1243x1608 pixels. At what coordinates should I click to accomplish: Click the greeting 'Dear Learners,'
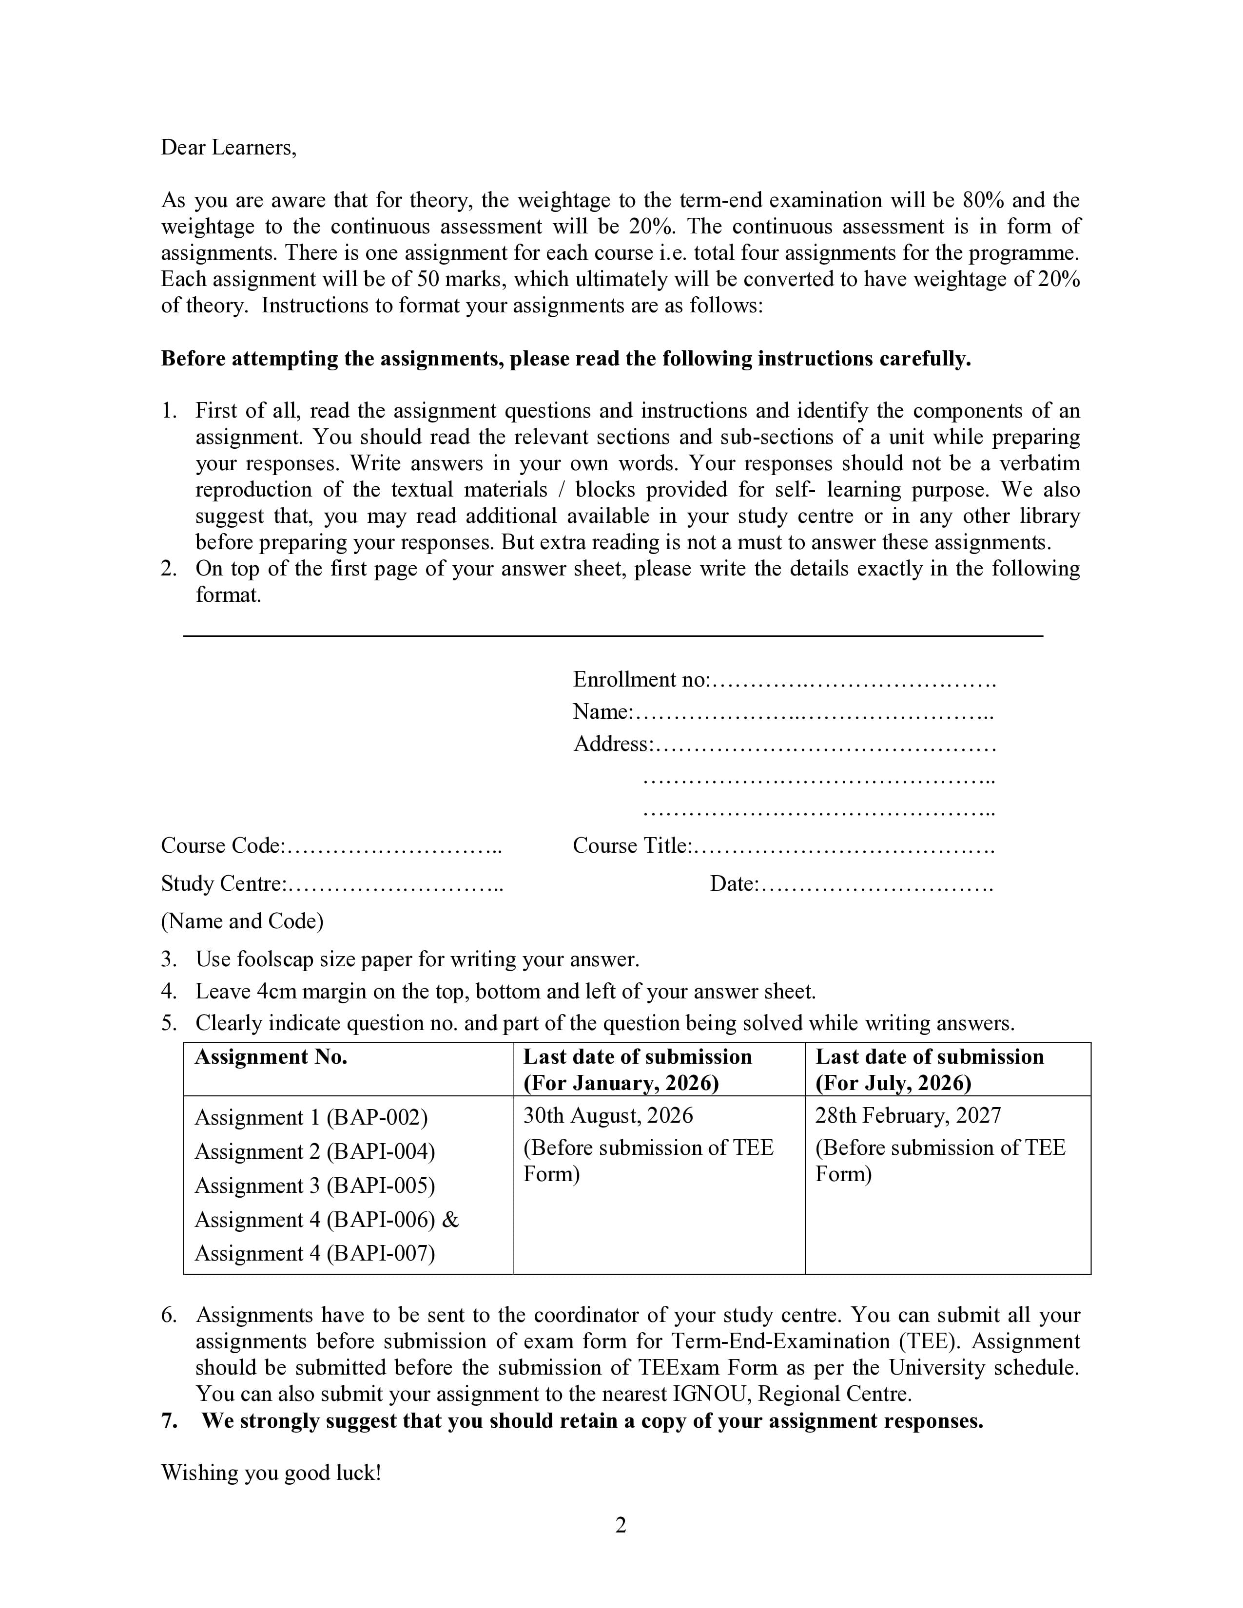pyautogui.click(x=228, y=148)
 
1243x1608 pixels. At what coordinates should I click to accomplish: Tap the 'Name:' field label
pyautogui.click(x=603, y=712)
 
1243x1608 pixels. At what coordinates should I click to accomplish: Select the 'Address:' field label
pyautogui.click(x=613, y=745)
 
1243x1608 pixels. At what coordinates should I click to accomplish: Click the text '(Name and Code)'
pyautogui.click(x=242, y=922)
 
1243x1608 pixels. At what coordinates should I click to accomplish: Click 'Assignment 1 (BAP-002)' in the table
pyautogui.click(x=311, y=1118)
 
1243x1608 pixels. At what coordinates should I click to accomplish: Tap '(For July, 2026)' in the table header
pyautogui.click(x=893, y=1083)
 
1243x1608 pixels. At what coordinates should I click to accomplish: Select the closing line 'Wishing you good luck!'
pyautogui.click(x=271, y=1473)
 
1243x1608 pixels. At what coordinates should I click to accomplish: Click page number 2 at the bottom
pyautogui.click(x=621, y=1526)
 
